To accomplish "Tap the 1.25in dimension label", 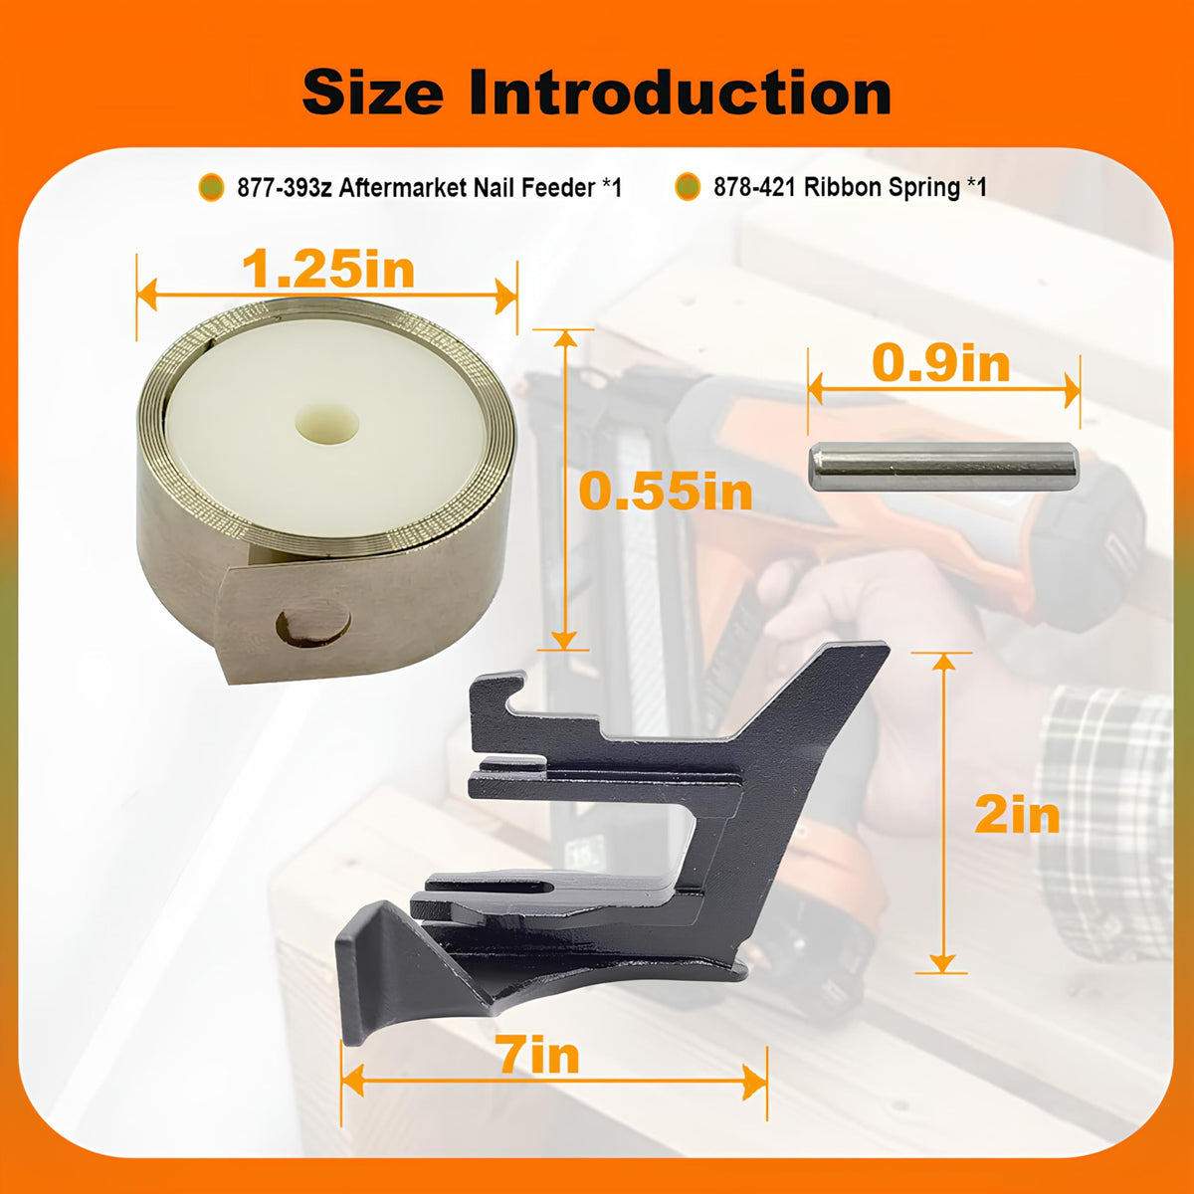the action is click(x=327, y=269).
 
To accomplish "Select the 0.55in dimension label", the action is click(x=666, y=492).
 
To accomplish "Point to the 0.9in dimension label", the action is click(x=940, y=364).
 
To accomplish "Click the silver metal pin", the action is click(x=943, y=467).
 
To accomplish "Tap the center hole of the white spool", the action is click(x=326, y=424).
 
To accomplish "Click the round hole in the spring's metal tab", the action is click(x=313, y=627).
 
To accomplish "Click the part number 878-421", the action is click(x=754, y=186).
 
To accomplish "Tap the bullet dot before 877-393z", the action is click(x=211, y=187).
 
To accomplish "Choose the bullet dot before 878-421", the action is click(x=688, y=187).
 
